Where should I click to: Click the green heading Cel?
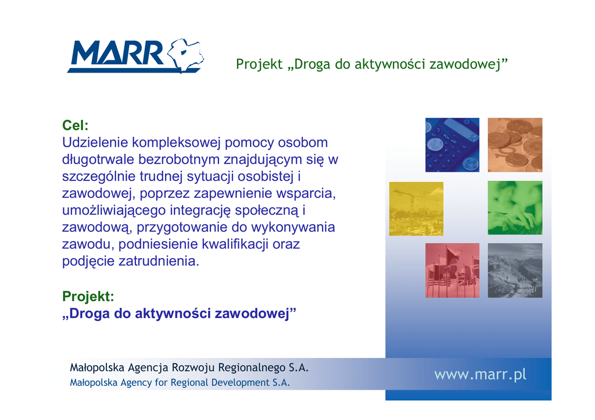tap(75, 125)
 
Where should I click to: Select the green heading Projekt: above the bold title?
tap(88, 296)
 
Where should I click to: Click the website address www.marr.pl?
tap(481, 375)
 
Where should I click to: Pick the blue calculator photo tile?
tap(452, 144)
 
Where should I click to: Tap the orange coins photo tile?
tap(515, 144)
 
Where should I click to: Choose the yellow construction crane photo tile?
tap(416, 209)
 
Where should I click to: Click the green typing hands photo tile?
tap(515, 208)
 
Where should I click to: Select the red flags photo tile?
tap(452, 270)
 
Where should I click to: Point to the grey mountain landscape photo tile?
tap(515, 270)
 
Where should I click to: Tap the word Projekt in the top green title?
tap(260, 64)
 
